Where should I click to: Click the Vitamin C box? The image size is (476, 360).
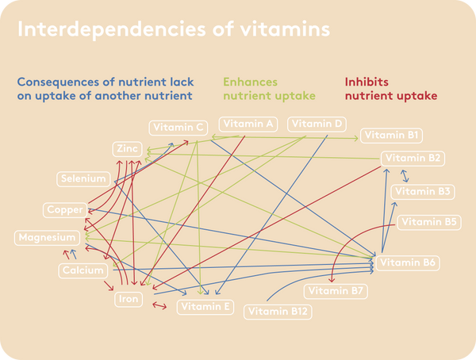[x=178, y=128]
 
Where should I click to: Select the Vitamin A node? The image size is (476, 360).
[x=248, y=124]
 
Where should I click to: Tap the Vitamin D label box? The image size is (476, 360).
[x=317, y=124]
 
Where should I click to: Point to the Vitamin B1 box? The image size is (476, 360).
[x=391, y=136]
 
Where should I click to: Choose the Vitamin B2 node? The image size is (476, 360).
[x=413, y=159]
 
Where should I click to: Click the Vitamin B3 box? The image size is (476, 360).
[x=423, y=192]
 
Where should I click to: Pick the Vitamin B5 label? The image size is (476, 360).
[x=429, y=223]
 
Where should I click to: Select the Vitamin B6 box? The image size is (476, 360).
[x=408, y=263]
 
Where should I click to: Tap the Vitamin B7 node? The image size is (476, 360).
[x=336, y=291]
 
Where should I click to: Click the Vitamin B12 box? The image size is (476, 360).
[x=278, y=312]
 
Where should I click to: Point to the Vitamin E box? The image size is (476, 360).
[x=205, y=307]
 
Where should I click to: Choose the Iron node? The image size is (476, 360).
[x=129, y=299]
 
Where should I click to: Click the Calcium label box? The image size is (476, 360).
[x=83, y=270]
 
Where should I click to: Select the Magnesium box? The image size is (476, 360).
[x=47, y=238]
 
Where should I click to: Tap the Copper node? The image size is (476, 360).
[x=65, y=210]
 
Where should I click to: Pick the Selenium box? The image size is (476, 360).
[x=83, y=178]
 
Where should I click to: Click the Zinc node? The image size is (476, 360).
[x=128, y=149]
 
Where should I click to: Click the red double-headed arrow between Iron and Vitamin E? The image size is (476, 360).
[x=159, y=305]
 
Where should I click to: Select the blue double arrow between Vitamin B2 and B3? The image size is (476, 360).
[x=405, y=176]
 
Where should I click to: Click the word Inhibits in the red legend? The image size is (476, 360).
[x=367, y=82]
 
